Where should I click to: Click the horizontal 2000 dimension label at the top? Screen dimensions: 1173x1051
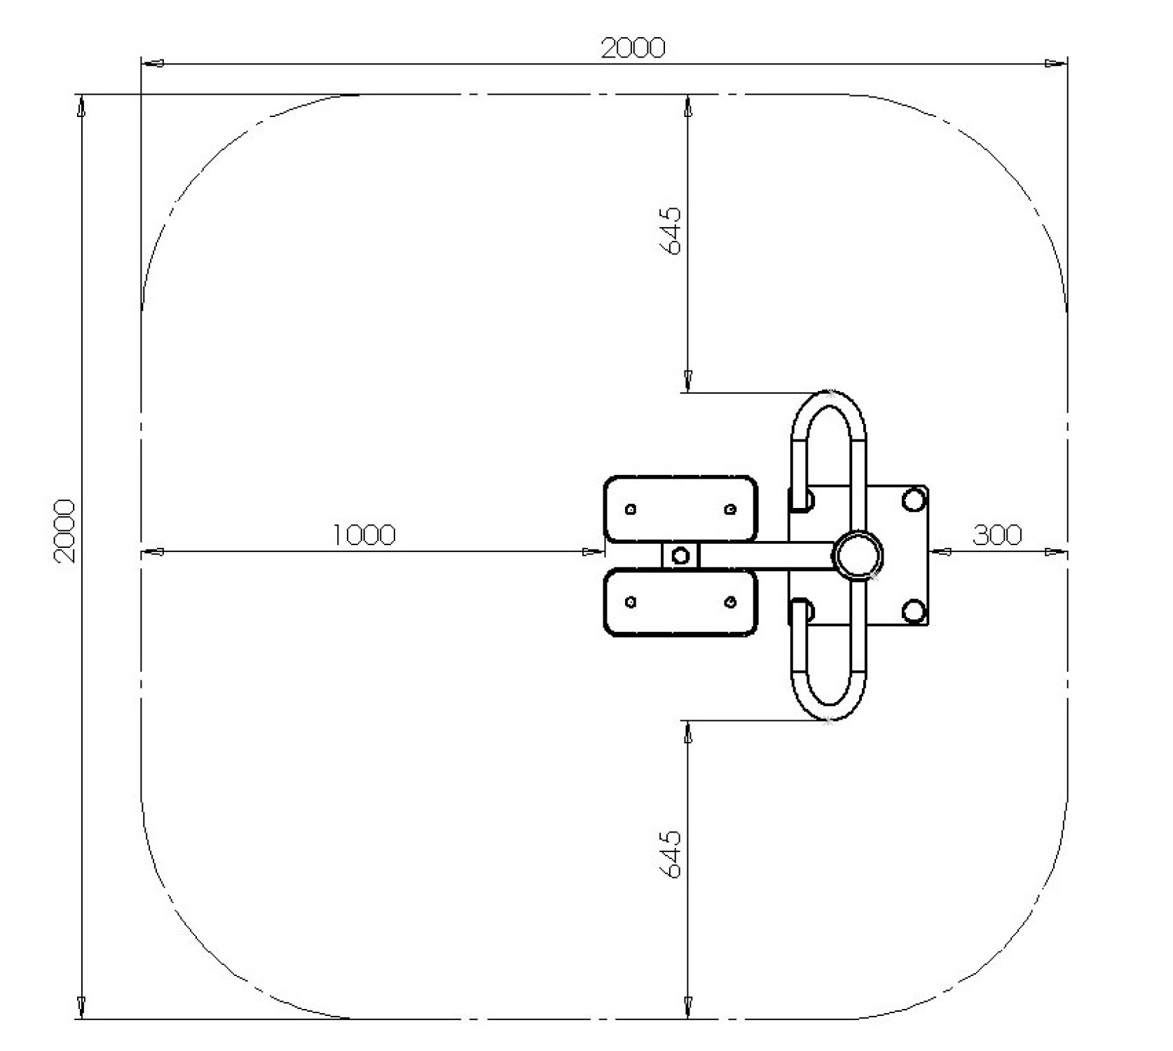(633, 48)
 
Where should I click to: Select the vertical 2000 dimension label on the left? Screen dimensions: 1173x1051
(64, 530)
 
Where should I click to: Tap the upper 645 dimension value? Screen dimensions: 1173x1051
(670, 231)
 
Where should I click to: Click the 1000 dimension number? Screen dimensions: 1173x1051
(364, 535)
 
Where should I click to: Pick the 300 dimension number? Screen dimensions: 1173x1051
(997, 535)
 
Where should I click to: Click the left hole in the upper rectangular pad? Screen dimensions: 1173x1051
(631, 509)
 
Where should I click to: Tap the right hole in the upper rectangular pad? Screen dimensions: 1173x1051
(730, 509)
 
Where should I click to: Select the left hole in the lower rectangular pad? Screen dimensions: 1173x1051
(631, 602)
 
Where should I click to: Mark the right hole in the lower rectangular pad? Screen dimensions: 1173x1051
(730, 602)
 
